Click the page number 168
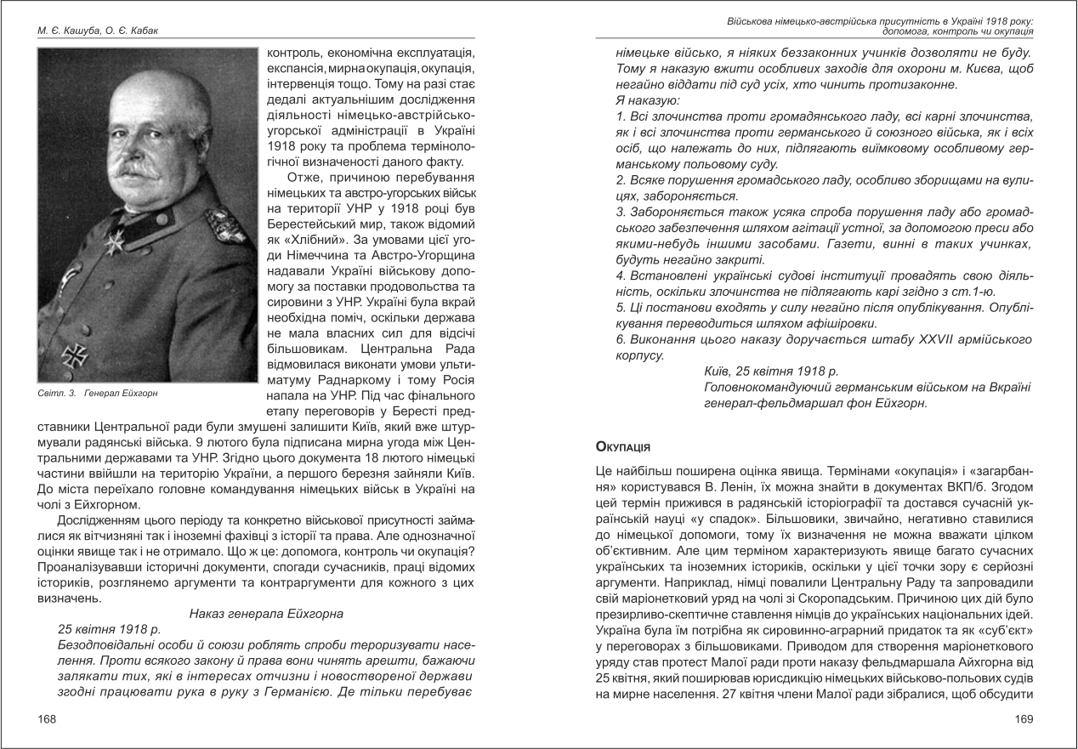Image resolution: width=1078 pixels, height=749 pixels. (47, 719)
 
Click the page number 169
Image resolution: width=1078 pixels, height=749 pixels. (1024, 719)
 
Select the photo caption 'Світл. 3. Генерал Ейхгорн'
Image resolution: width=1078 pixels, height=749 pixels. (98, 394)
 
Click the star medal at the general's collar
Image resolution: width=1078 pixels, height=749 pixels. (114, 241)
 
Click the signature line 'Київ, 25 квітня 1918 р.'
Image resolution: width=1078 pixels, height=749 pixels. (771, 371)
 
